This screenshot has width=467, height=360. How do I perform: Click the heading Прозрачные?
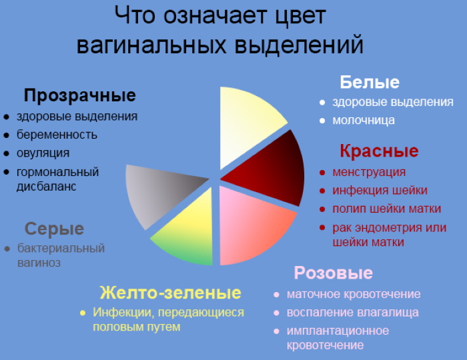coord(79,95)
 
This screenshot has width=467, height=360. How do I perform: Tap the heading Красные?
coord(378,151)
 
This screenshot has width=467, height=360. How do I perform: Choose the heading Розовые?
coord(333,273)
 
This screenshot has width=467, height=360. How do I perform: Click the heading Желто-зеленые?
coord(169,293)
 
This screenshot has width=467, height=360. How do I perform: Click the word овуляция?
coord(43,153)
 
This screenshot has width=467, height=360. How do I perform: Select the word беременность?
coord(57,135)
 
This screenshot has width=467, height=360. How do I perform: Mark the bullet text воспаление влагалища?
coord(352,312)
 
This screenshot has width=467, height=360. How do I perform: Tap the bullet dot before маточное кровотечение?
coord(276,295)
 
